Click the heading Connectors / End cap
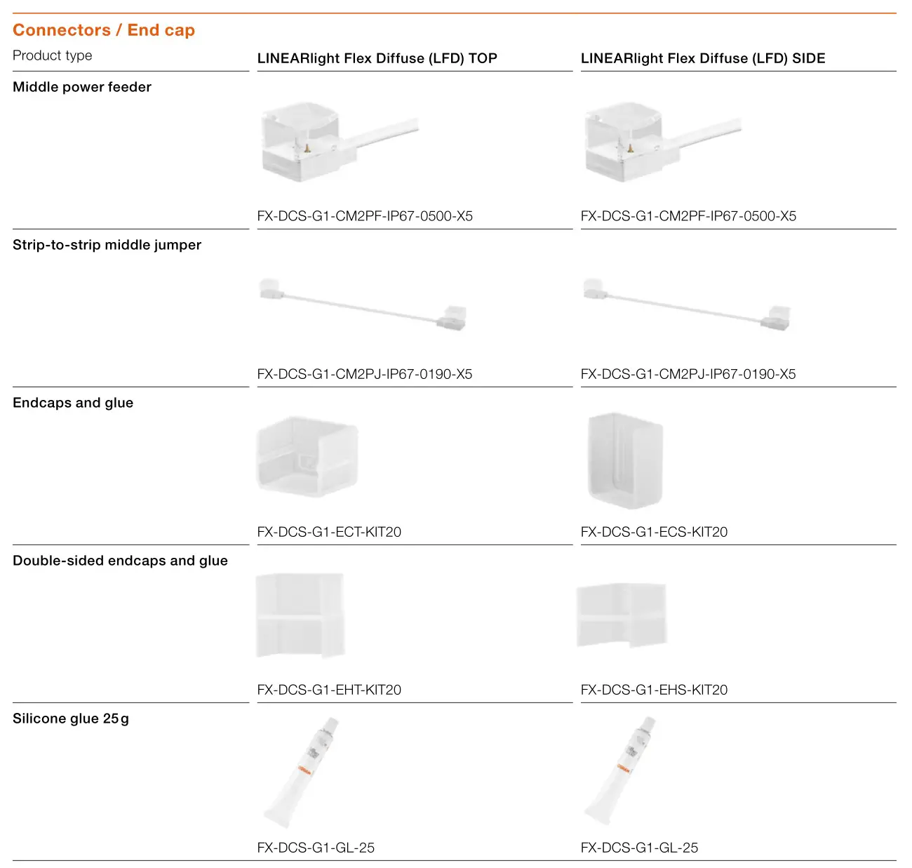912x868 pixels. pyautogui.click(x=104, y=30)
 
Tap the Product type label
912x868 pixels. pyautogui.click(x=53, y=55)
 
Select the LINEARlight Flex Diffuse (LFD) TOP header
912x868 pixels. pyautogui.click(x=377, y=58)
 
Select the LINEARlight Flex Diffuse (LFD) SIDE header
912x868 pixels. pyautogui.click(x=702, y=58)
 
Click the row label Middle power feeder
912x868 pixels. pyautogui.click(x=82, y=87)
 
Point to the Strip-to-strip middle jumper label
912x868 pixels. pyautogui.click(x=107, y=245)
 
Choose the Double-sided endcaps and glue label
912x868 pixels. pyautogui.click(x=120, y=561)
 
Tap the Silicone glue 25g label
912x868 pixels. pyautogui.click(x=71, y=719)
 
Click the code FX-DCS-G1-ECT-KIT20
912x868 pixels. pyautogui.click(x=329, y=532)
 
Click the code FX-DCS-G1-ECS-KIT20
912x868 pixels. pyautogui.click(x=654, y=532)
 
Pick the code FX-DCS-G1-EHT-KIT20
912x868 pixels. pyautogui.click(x=329, y=690)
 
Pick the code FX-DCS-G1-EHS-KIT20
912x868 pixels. pyautogui.click(x=654, y=690)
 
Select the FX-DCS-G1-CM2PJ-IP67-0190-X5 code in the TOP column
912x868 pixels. pyautogui.click(x=365, y=374)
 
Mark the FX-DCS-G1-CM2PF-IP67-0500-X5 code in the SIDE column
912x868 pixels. pyautogui.click(x=688, y=216)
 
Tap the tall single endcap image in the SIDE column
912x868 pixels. pyautogui.click(x=625, y=460)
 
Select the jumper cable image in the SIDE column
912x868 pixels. pyautogui.click(x=686, y=303)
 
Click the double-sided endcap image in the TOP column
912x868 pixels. pyautogui.click(x=300, y=616)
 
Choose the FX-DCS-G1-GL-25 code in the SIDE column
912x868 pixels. pyautogui.click(x=639, y=848)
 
